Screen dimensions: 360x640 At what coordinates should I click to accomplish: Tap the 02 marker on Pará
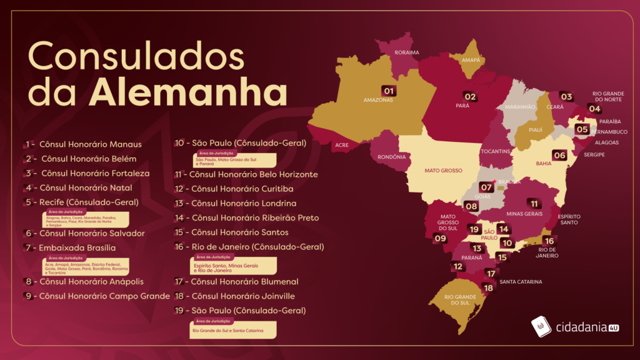[x=469, y=97]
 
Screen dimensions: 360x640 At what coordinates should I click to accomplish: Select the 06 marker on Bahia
[x=559, y=155]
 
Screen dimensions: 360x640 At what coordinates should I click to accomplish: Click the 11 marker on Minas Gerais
[x=534, y=203]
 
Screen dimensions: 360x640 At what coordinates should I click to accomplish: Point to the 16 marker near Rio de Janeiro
[x=549, y=241]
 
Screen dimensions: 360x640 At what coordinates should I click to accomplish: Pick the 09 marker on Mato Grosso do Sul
[x=441, y=238]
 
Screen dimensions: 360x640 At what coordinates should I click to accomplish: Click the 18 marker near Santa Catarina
[x=487, y=288]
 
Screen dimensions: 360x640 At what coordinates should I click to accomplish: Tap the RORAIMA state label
[x=407, y=52]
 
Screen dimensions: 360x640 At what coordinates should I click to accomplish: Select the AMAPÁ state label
[x=472, y=60]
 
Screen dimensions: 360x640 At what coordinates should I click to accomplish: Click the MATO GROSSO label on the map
[x=443, y=171]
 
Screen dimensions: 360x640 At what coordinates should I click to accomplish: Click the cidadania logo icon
[x=541, y=326]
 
